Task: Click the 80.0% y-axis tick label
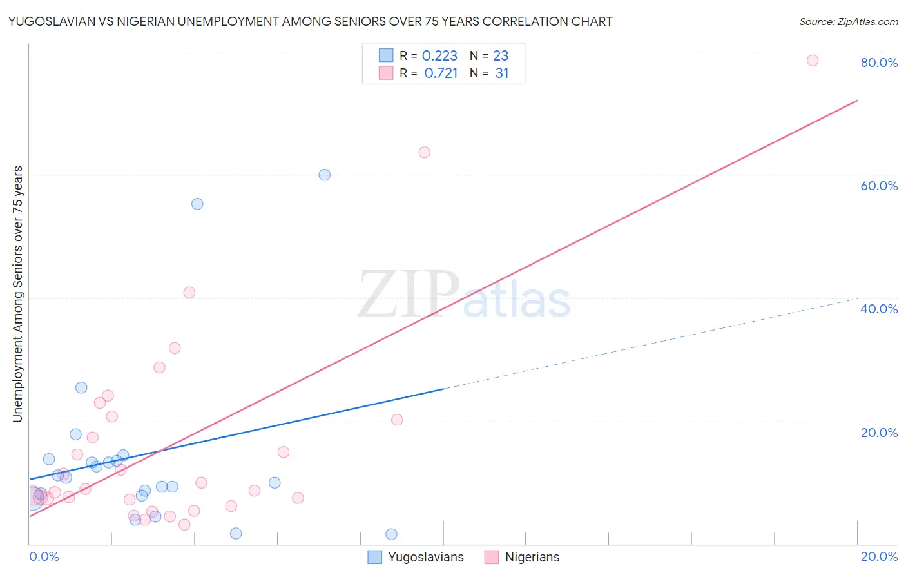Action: click(879, 63)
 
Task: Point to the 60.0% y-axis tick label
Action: click(879, 186)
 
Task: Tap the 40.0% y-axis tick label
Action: click(879, 309)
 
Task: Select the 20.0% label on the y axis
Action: click(879, 433)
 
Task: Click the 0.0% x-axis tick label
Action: click(44, 556)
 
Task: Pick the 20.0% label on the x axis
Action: click(879, 556)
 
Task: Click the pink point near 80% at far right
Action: click(813, 61)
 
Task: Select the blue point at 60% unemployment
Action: click(325, 175)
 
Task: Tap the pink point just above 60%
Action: click(424, 152)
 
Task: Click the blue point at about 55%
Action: click(197, 204)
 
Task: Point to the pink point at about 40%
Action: click(189, 292)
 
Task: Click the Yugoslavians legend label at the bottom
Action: click(426, 557)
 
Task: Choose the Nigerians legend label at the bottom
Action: click(532, 557)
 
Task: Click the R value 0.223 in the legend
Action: click(439, 56)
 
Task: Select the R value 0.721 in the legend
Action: click(441, 73)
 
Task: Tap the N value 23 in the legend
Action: click(501, 56)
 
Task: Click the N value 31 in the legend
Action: click(502, 73)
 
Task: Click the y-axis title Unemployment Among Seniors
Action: click(17, 294)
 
